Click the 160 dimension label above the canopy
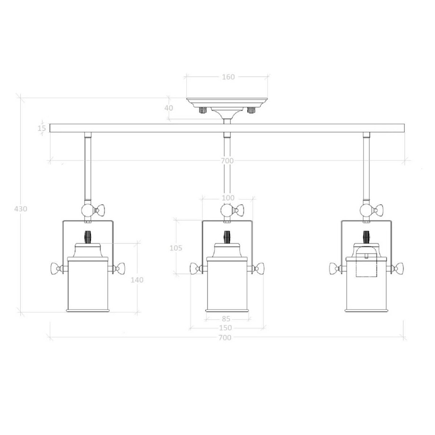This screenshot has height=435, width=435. click(x=228, y=77)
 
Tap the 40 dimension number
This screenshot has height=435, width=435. click(x=168, y=108)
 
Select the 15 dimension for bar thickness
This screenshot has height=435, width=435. click(x=42, y=128)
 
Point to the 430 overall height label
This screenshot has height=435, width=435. click(x=21, y=209)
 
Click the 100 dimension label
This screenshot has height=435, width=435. click(x=228, y=198)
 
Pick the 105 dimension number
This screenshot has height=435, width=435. click(x=175, y=247)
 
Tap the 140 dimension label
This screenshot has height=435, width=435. click(x=137, y=279)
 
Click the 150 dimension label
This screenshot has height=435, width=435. click(x=226, y=328)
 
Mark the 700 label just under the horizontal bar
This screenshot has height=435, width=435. click(x=227, y=161)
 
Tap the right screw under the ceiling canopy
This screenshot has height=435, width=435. click(x=251, y=111)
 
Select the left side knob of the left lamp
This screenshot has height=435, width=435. click(x=54, y=269)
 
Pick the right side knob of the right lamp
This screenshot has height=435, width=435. click(x=399, y=269)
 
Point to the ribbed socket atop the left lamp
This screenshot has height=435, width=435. click(x=87, y=236)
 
